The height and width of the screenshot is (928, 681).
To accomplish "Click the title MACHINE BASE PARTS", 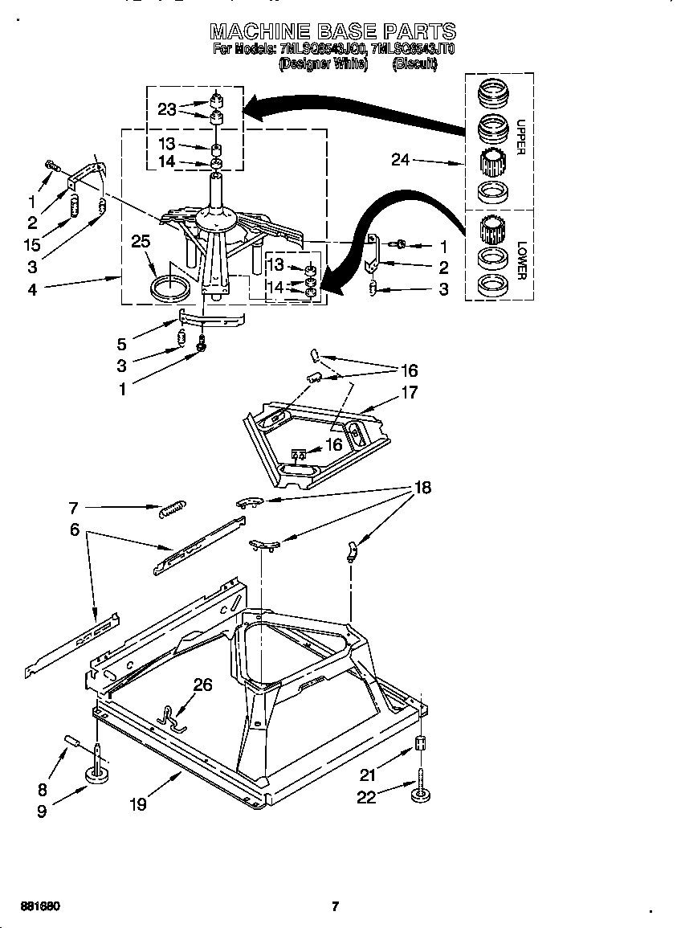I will [x=332, y=31].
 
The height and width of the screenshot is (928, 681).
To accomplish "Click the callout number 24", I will [x=400, y=161].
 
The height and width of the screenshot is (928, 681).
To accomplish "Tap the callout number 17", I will [x=410, y=394].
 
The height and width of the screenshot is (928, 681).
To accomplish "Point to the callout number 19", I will [x=138, y=803].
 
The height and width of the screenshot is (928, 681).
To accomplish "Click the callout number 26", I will [x=203, y=685].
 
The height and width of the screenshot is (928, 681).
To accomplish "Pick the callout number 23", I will [x=167, y=110].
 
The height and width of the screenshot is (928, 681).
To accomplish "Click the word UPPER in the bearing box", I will [x=520, y=137].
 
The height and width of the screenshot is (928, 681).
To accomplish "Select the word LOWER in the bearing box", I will [x=521, y=260].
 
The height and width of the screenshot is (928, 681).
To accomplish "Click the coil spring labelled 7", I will [x=172, y=509].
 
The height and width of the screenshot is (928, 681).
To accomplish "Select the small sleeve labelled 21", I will [x=418, y=743].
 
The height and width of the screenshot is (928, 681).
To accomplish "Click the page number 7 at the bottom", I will [x=336, y=907].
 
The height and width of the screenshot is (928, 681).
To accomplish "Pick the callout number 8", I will [x=42, y=790].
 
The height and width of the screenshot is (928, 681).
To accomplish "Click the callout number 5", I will [x=121, y=345].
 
